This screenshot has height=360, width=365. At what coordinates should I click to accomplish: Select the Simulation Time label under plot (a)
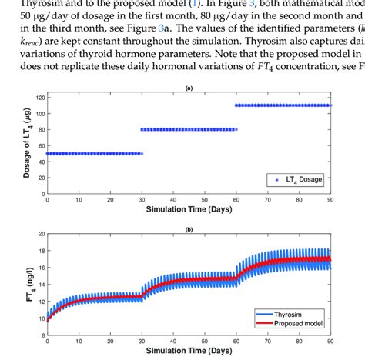point(189,209)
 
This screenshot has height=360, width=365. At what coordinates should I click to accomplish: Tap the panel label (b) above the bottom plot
point(189,230)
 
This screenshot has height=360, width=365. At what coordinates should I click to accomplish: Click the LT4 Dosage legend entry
point(303,178)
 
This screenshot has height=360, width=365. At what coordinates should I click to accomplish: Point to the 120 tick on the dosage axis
point(39,96)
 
